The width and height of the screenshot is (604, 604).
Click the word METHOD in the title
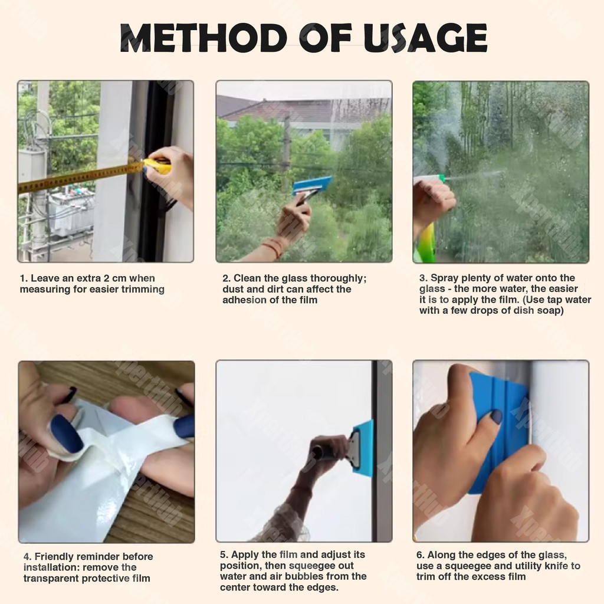(x=203, y=38)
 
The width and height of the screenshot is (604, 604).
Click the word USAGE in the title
(x=425, y=38)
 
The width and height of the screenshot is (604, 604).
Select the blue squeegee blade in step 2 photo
(x=312, y=185)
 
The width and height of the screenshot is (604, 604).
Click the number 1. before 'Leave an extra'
(x=24, y=278)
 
